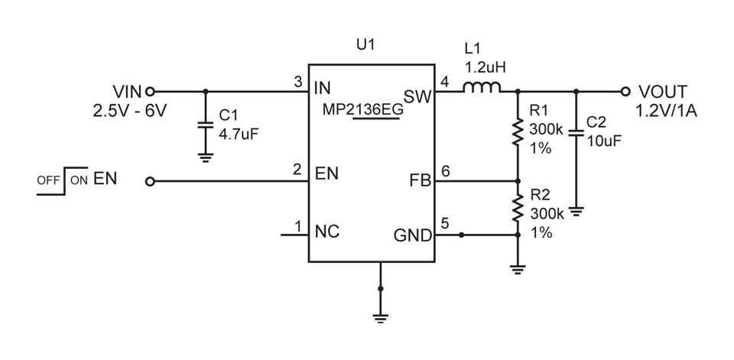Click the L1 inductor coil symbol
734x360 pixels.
[x=482, y=87]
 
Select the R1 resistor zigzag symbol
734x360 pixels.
[x=518, y=131]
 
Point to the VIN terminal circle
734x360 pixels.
[x=150, y=91]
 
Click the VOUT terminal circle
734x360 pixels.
[x=625, y=91]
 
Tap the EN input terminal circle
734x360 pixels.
[x=150, y=181]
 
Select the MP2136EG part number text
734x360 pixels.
[x=363, y=110]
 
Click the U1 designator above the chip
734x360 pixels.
[x=365, y=45]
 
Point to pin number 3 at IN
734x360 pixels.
[x=297, y=82]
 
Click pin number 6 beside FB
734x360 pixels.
[x=446, y=172]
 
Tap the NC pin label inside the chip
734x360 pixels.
[x=328, y=232]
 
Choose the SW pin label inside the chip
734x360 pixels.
[x=417, y=97]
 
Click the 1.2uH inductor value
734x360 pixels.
[x=485, y=68]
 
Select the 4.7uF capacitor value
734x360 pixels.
[x=239, y=133]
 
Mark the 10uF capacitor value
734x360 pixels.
[x=604, y=140]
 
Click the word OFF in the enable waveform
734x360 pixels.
[x=48, y=180]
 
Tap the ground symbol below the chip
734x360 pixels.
[x=380, y=319]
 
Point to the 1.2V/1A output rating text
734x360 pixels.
[x=666, y=112]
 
